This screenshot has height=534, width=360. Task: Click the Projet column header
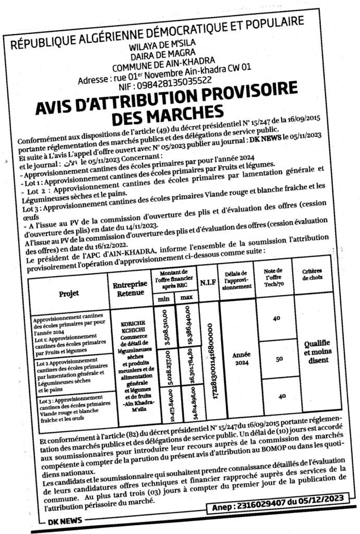pyautogui.click(x=68, y=293)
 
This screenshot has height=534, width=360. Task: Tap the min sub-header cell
pyautogui.click(x=163, y=299)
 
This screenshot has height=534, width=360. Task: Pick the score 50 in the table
pyautogui.click(x=279, y=359)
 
